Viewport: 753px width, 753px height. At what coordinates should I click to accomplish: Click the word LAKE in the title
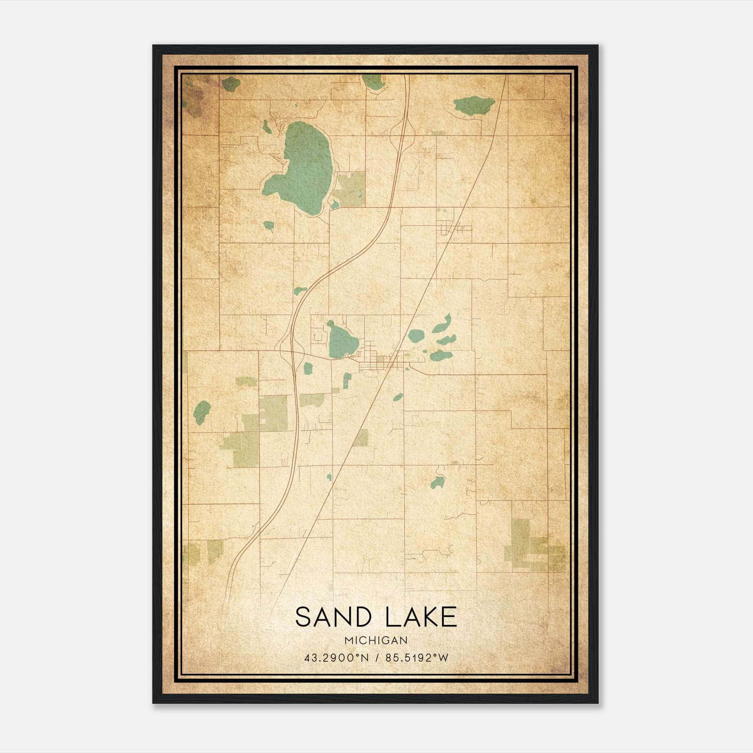[420, 617]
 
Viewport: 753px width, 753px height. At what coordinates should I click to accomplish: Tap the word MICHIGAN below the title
[376, 641]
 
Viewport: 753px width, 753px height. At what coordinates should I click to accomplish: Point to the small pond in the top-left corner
[231, 84]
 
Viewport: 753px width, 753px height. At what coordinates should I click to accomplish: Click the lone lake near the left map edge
[202, 413]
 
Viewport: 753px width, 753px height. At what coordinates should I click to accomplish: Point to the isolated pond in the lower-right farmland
[438, 482]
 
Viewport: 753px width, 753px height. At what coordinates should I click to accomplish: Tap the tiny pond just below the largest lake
[268, 225]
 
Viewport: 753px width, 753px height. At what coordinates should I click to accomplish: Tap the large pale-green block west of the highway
[273, 413]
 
